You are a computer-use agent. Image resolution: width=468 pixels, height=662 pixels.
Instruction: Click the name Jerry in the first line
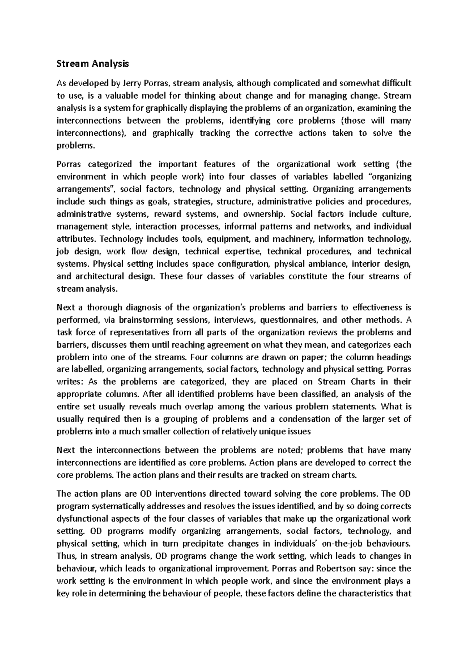pyautogui.click(x=132, y=83)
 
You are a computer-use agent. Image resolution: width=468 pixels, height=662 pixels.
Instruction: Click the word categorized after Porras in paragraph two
pyautogui.click(x=110, y=164)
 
